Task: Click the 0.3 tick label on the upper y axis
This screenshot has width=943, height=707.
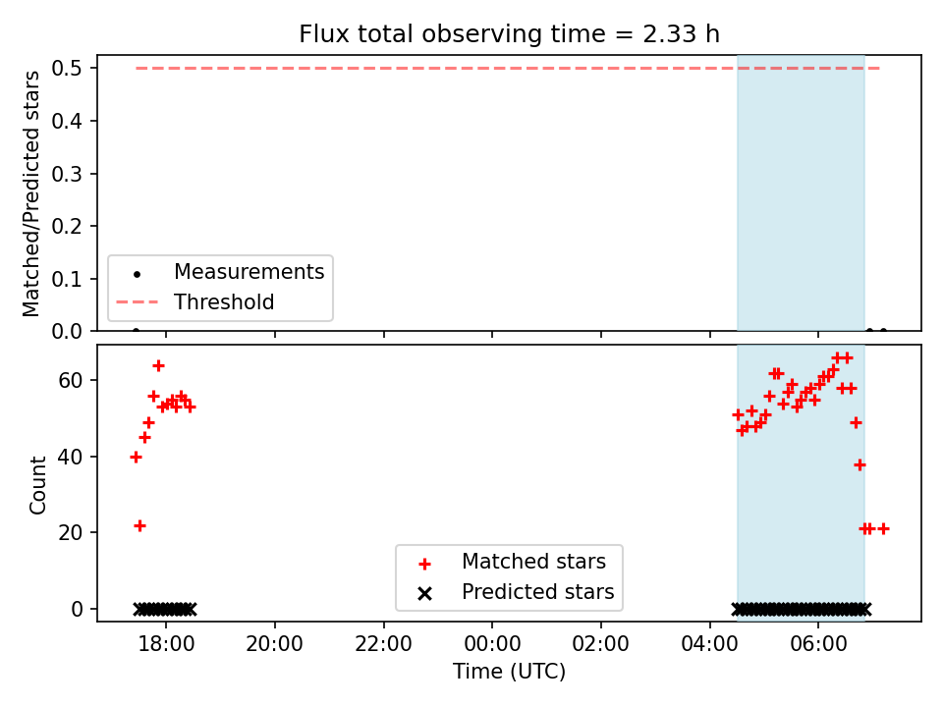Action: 67,174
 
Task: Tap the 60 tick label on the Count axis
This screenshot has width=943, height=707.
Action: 71,381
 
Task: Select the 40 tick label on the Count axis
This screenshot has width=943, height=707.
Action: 71,457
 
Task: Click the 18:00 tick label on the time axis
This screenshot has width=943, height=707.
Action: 166,644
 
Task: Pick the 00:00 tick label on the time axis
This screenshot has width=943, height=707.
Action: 492,644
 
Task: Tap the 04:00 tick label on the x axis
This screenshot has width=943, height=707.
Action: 709,644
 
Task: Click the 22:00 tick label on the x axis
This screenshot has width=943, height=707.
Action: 384,644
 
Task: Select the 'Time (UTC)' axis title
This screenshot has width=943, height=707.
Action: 509,671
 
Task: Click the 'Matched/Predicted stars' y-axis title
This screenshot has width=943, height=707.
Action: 30,193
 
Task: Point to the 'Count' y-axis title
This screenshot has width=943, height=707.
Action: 37,484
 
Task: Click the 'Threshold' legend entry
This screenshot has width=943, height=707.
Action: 224,301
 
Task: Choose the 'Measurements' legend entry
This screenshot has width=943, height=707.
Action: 249,272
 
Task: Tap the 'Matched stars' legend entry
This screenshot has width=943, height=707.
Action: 533,562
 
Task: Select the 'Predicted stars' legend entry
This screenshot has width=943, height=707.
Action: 537,592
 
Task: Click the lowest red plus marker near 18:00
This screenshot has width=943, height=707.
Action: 139,526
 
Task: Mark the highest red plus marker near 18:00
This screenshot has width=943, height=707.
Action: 158,365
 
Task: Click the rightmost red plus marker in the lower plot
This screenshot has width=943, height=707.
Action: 883,529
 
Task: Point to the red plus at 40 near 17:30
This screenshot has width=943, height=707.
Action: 136,458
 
